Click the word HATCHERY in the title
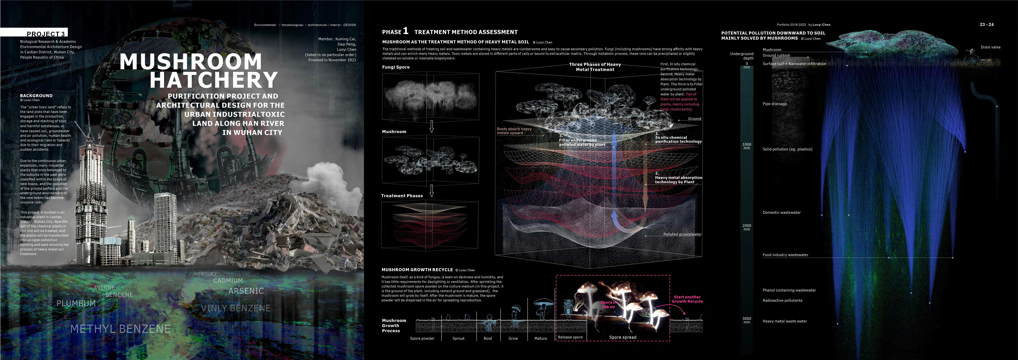click(214, 80)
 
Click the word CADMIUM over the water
click(228, 281)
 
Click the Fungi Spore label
click(396, 67)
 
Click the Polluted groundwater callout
click(682, 234)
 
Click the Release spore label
click(570, 337)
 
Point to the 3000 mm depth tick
click(746, 320)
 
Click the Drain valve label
click(990, 47)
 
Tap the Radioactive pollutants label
click(782, 300)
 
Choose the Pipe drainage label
click(775, 104)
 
